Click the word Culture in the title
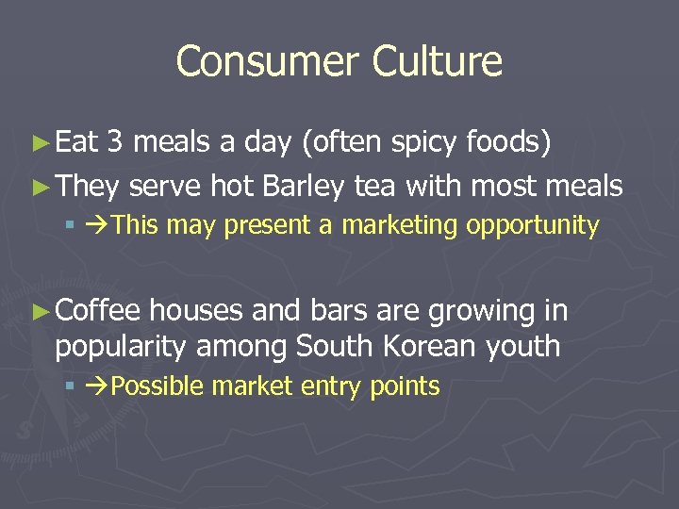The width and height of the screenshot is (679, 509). (x=437, y=62)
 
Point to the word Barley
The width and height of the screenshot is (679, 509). (x=306, y=186)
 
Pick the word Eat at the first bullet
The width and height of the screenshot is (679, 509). (x=76, y=142)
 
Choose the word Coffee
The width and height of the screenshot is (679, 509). (x=98, y=309)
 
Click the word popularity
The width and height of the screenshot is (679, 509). (x=120, y=346)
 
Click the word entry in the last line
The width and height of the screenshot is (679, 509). (x=334, y=386)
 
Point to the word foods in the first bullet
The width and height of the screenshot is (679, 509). (x=509, y=142)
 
